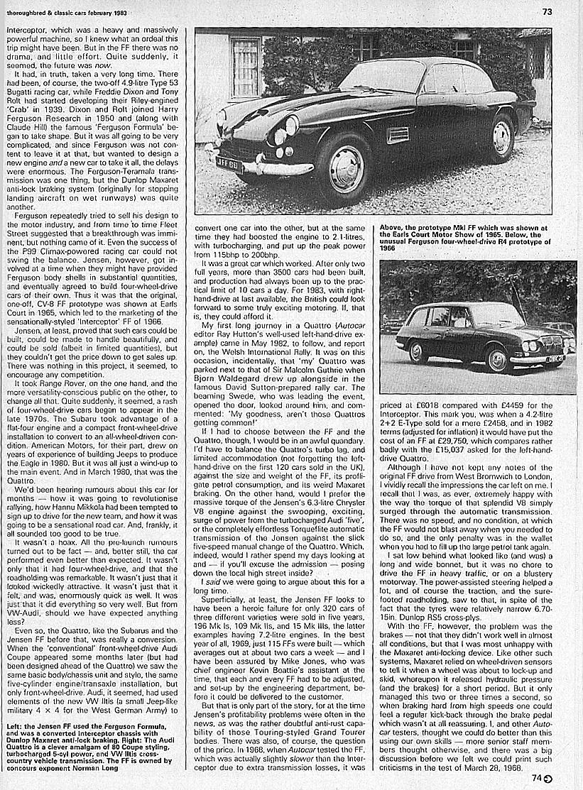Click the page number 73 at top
[x=547, y=11]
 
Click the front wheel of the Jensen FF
[x=344, y=169]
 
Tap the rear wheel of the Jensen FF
[x=501, y=136]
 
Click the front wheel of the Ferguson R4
[x=498, y=358]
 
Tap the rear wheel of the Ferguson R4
[x=416, y=351]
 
